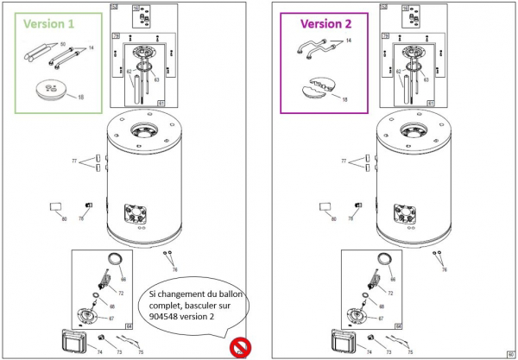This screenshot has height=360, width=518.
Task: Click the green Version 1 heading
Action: (x=45, y=24)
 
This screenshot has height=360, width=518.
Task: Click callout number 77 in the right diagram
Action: (x=344, y=161)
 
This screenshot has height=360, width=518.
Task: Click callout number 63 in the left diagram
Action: (x=156, y=79)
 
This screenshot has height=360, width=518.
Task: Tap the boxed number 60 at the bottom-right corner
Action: (x=510, y=352)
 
